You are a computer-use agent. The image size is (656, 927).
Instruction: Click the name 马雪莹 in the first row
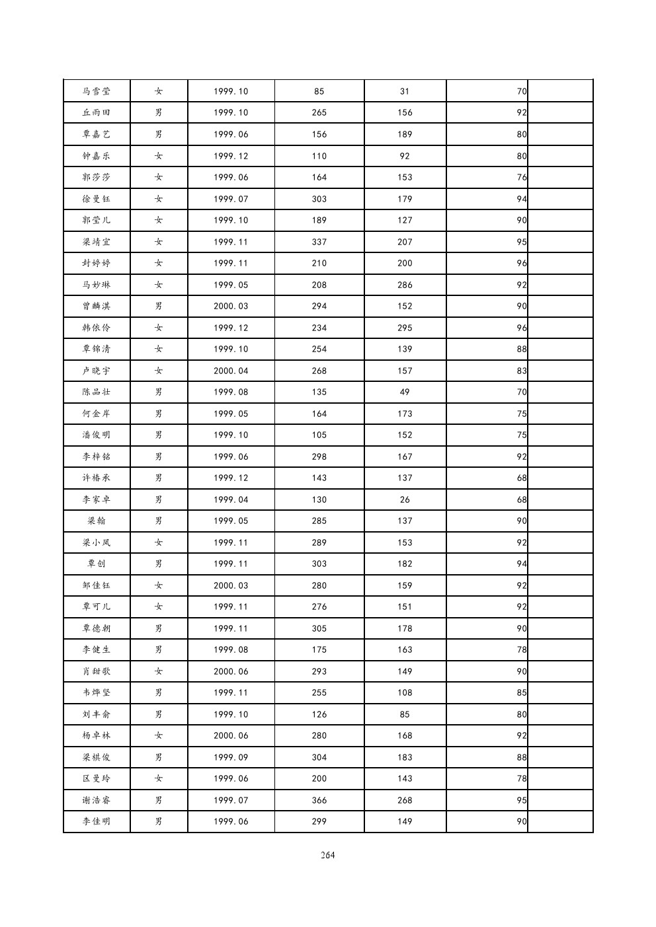coord(97,91)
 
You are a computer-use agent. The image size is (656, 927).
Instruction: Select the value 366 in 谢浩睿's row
coord(319,800)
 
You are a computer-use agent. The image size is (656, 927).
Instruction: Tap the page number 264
coord(327,855)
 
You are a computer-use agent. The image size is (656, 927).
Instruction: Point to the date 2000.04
coord(231,371)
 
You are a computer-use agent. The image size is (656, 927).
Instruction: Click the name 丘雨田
coord(97,112)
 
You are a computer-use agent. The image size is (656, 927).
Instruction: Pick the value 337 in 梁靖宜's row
coord(319,242)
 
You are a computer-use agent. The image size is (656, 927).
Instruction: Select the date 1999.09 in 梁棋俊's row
coord(231,757)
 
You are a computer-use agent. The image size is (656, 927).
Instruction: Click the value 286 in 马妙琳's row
coord(405,285)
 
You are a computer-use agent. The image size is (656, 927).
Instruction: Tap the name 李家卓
coord(97,500)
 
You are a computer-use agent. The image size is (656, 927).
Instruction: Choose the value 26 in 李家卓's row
coord(405,500)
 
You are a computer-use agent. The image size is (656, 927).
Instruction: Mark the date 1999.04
coord(231,500)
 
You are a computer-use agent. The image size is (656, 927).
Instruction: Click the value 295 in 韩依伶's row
coord(405,328)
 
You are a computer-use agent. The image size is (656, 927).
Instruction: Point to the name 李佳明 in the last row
coord(97,821)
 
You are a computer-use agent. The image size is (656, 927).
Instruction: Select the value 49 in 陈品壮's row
coord(405,392)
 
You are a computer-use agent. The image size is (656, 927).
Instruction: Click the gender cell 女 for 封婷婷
coord(159,263)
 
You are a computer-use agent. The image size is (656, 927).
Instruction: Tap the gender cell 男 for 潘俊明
coord(159,435)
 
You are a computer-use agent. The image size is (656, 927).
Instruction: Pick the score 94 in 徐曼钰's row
coord(522,199)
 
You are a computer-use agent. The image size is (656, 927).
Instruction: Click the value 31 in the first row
coord(405,91)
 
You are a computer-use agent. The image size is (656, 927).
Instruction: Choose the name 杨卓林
coord(97,735)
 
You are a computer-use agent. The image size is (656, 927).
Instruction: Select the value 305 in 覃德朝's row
coord(319,628)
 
